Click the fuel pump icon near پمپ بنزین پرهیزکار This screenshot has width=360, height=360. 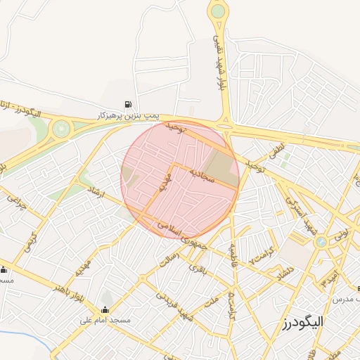pyautogui.click(x=129, y=103)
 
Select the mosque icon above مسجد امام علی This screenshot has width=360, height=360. pyautogui.click(x=105, y=310)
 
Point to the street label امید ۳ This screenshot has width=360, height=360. pyautogui.click(x=328, y=276)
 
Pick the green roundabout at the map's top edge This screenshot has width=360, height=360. pyautogui.click(x=218, y=11)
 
